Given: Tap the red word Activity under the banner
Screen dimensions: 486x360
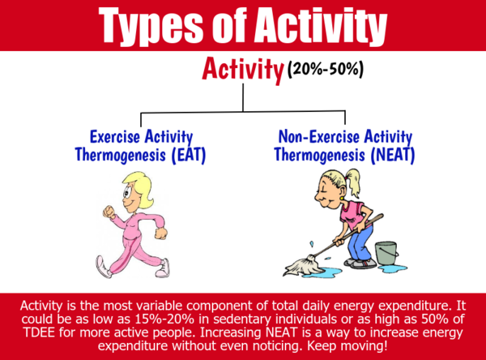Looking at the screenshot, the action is pos(243,70).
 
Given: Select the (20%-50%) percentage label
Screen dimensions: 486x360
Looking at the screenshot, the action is pos(326,69).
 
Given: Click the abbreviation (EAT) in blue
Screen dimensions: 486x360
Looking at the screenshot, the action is pos(189,155).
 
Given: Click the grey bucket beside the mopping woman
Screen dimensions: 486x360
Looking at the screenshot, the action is pos(386,253).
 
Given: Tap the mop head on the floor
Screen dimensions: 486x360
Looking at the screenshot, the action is pos(300,266).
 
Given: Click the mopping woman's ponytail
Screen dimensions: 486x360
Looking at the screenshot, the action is pos(353,182).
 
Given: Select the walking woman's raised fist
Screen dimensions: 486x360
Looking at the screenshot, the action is pos(109,212).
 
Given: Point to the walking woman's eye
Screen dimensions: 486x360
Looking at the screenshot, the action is pos(127,193).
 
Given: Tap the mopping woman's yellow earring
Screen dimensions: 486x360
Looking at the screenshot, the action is pos(341,197).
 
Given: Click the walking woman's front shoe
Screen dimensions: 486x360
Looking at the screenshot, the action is pos(163,268).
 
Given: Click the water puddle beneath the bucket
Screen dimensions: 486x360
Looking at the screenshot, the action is pos(393,268).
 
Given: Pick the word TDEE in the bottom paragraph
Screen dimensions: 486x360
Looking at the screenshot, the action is pos(39,332).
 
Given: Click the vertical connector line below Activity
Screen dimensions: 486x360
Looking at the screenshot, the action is pos(243,97).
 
